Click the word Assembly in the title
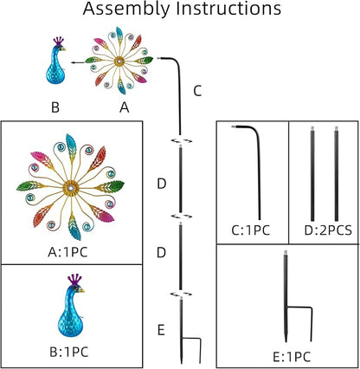click(126, 10)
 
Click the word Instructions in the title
click(229, 8)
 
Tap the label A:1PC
click(67, 252)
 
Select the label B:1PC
click(69, 352)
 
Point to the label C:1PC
click(251, 230)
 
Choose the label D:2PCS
click(328, 230)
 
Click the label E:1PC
click(292, 357)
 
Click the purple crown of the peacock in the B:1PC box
click(74, 280)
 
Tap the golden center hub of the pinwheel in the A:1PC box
click(71, 188)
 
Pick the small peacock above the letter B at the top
click(56, 61)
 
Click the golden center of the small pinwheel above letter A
click(119, 61)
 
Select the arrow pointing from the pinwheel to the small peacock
click(78, 61)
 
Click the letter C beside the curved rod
click(197, 91)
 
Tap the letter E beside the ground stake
click(161, 330)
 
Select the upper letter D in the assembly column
click(162, 184)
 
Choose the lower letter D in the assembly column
click(162, 253)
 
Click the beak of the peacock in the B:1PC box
click(81, 290)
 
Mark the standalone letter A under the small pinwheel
click(125, 107)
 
